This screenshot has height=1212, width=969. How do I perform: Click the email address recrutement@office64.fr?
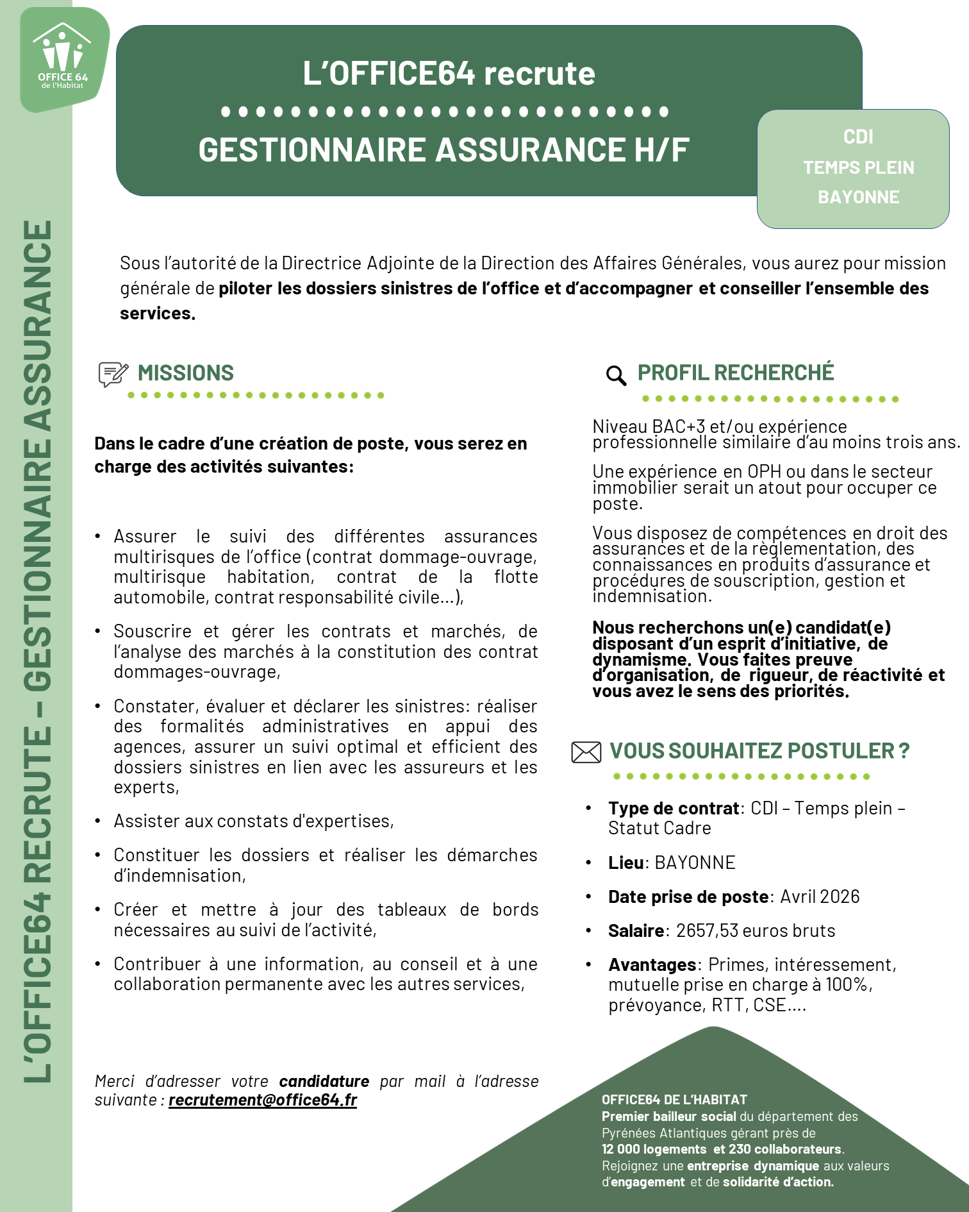pyautogui.click(x=263, y=1100)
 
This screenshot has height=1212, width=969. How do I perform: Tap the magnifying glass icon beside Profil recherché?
pyautogui.click(x=616, y=375)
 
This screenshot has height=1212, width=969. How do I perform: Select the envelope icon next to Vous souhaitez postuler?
pyautogui.click(x=586, y=752)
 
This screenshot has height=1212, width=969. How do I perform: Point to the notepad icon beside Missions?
pyautogui.click(x=113, y=374)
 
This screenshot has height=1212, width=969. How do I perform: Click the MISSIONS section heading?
pyautogui.click(x=186, y=373)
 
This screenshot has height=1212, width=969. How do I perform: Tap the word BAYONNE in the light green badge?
pyautogui.click(x=858, y=197)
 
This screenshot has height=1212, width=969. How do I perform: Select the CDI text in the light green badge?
pyautogui.click(x=858, y=137)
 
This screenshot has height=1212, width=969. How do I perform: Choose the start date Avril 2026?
pyautogui.click(x=820, y=896)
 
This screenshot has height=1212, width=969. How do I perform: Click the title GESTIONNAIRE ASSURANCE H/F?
pyautogui.click(x=443, y=150)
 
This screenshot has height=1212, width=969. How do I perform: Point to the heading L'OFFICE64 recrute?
pyautogui.click(x=449, y=74)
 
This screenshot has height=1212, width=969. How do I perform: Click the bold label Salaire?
pyautogui.click(x=636, y=930)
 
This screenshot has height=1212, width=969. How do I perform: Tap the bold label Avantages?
pyautogui.click(x=652, y=964)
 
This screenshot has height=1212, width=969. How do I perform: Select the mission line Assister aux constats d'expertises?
pyautogui.click(x=254, y=821)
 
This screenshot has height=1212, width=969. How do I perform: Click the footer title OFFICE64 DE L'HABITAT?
pyautogui.click(x=674, y=1100)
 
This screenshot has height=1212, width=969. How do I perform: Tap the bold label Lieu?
pyautogui.click(x=625, y=863)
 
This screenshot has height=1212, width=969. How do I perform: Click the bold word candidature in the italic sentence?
pyautogui.click(x=324, y=1081)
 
